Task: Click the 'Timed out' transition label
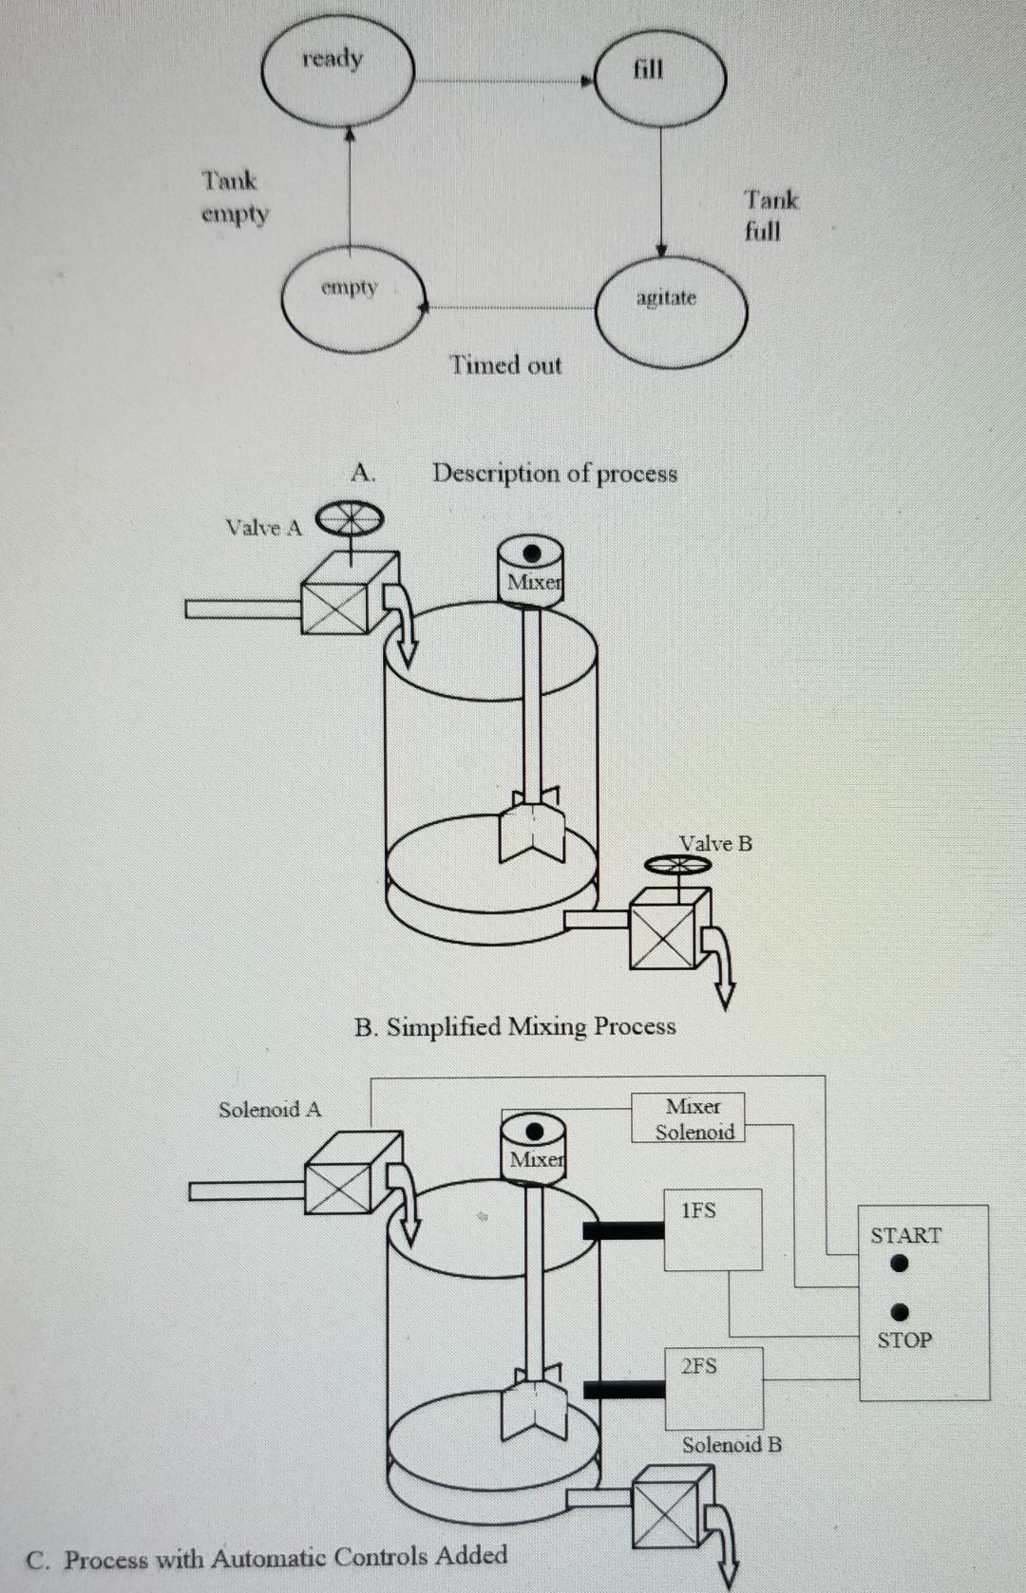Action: [505, 365]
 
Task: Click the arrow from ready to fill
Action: [503, 82]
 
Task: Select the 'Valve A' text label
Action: [263, 528]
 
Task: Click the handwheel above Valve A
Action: [348, 518]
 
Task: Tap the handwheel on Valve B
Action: [676, 864]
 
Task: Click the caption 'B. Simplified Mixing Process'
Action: [515, 1026]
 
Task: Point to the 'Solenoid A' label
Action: [270, 1109]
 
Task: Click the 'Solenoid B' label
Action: [731, 1444]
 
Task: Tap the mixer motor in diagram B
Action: [530, 568]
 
